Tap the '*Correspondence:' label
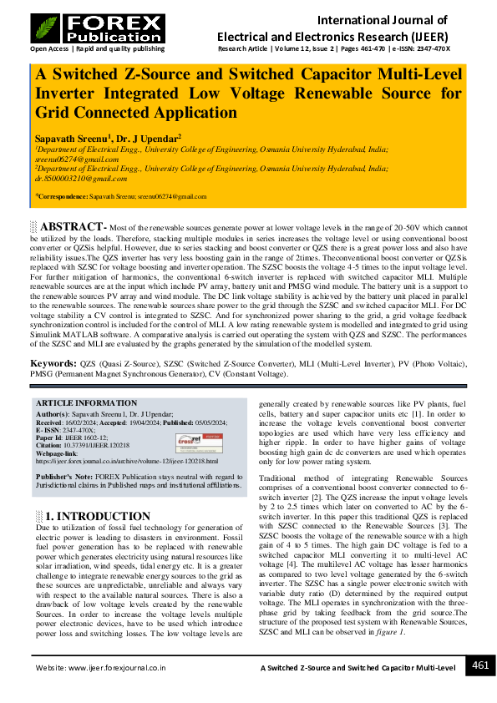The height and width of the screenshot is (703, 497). point(61,196)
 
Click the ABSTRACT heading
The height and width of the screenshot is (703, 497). point(72,227)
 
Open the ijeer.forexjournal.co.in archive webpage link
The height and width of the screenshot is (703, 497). point(126,460)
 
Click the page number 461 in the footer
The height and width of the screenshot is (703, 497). point(480,665)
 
